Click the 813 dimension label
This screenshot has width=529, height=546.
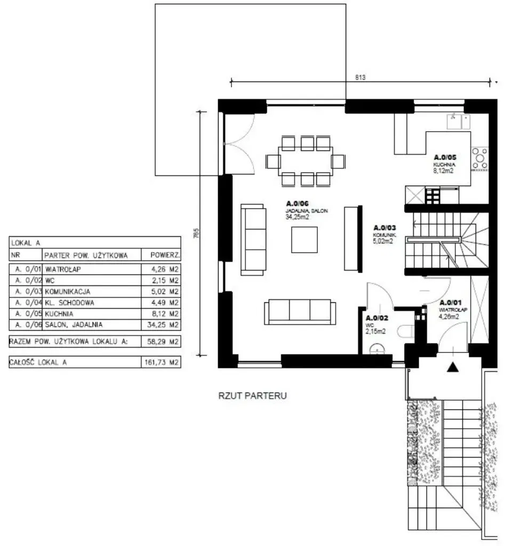click(x=360, y=77)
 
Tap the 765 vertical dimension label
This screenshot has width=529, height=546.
click(x=196, y=234)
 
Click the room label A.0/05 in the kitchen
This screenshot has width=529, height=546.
click(x=445, y=157)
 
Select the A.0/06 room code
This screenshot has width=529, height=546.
click(x=297, y=203)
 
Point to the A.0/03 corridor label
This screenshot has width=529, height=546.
click(x=384, y=228)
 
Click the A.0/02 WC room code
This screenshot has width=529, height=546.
click(x=377, y=318)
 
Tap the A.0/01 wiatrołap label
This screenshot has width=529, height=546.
click(x=451, y=303)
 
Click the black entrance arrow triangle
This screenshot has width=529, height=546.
click(x=452, y=367)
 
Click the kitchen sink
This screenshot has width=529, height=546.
click(x=458, y=122)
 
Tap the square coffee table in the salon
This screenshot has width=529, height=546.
click(x=304, y=239)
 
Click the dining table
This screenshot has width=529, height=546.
click(x=305, y=161)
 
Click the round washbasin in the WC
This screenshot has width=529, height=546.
click(x=377, y=349)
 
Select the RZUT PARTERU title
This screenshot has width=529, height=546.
click(x=252, y=396)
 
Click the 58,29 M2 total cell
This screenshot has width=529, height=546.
click(x=163, y=342)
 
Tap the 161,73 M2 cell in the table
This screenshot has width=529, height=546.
click(x=162, y=362)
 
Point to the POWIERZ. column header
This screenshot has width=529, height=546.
click(x=165, y=255)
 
